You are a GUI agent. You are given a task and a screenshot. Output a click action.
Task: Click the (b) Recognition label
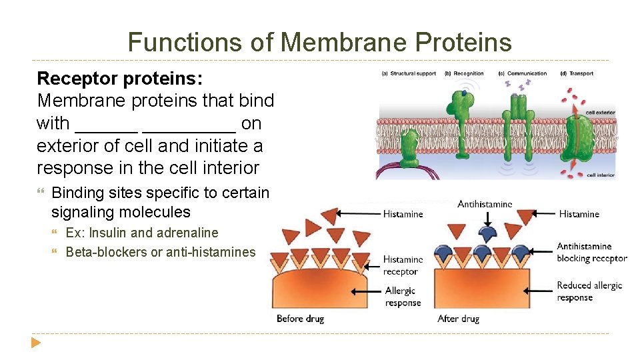point(464,73)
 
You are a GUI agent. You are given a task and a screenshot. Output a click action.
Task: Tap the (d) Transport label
point(577,73)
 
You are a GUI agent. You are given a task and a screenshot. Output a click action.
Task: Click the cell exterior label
point(600,113)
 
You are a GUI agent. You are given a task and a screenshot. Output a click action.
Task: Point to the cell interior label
point(600,175)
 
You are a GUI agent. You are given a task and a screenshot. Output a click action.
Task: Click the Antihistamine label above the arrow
point(485,204)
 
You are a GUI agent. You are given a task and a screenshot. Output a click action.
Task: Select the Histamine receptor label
point(403,265)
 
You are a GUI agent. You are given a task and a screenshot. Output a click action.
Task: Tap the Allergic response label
point(403,297)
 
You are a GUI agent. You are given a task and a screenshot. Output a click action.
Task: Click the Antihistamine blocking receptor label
point(591,253)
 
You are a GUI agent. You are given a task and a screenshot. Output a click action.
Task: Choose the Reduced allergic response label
point(589,291)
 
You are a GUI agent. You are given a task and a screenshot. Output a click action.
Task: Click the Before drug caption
point(300,319)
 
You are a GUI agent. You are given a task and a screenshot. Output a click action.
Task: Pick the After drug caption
point(458,319)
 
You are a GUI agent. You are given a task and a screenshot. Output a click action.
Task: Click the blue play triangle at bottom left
point(35,343)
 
